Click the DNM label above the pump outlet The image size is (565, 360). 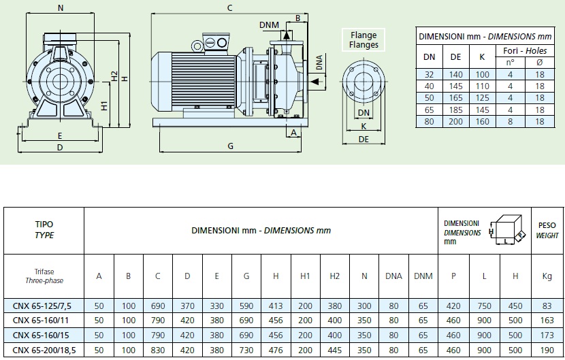click(x=269, y=25)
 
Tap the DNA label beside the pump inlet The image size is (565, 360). click(x=319, y=63)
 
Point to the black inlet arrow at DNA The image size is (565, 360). click(x=315, y=82)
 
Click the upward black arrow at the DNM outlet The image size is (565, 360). click(x=287, y=35)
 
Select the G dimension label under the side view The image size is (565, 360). click(x=230, y=146)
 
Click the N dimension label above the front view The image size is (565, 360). click(x=61, y=8)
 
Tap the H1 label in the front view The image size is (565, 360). click(x=104, y=105)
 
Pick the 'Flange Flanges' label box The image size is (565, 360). click(x=364, y=40)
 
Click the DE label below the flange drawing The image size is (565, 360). click(x=364, y=140)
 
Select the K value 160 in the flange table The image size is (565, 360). click(x=482, y=122)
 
